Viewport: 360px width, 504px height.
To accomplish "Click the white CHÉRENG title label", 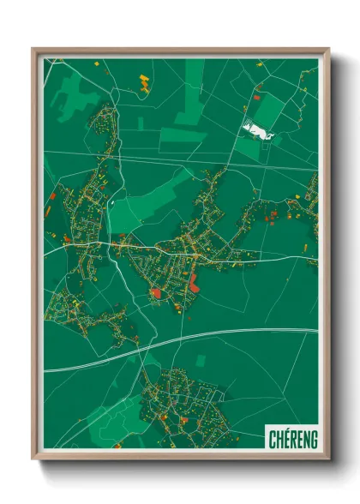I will coord(291,437).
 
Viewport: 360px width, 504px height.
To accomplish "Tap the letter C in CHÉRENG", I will coord(271,437).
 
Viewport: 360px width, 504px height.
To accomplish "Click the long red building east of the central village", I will coord(194,282).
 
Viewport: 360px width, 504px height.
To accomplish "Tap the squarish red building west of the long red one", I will coord(157,293).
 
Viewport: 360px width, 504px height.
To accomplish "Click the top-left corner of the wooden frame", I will coord(33,49).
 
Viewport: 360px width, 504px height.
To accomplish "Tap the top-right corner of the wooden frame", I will coord(328,49).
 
